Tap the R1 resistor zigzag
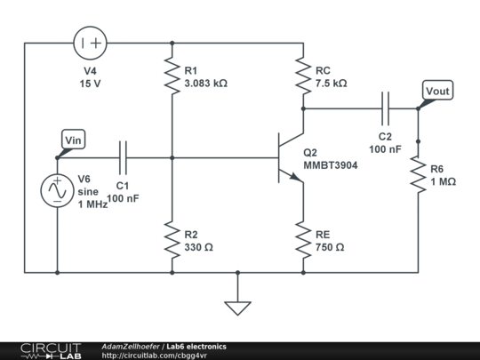click(x=172, y=76)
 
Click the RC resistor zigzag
click(x=303, y=76)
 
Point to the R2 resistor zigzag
click(x=172, y=240)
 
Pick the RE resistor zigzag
click(x=303, y=240)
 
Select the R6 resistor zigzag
click(x=418, y=174)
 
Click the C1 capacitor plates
click(x=123, y=157)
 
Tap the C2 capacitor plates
click(x=386, y=108)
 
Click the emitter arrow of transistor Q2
click(x=295, y=177)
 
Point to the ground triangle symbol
click(x=237, y=308)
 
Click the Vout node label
click(x=437, y=90)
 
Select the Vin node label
click(x=74, y=140)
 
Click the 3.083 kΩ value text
click(x=205, y=84)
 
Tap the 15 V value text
click(x=90, y=84)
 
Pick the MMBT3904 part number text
click(x=331, y=165)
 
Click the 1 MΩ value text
click(x=444, y=182)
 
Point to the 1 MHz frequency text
click(x=92, y=204)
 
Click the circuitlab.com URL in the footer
click(x=155, y=356)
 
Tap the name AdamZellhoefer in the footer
click(x=131, y=347)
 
